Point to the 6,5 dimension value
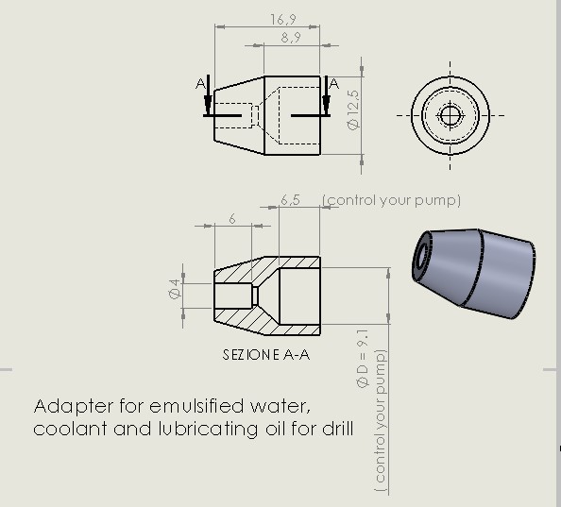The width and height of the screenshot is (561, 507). tap(291, 200)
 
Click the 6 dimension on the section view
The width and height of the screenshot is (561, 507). tap(231, 218)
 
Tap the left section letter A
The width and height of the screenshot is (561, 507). tap(199, 84)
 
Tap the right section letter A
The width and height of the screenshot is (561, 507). tap(333, 84)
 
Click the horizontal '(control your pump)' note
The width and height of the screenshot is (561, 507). tap(391, 200)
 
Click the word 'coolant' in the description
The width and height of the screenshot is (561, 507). tap(61, 429)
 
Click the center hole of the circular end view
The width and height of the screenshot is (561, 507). tap(450, 115)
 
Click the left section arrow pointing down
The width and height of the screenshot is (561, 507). tap(208, 99)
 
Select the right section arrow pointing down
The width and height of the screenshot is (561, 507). tap(324, 99)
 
